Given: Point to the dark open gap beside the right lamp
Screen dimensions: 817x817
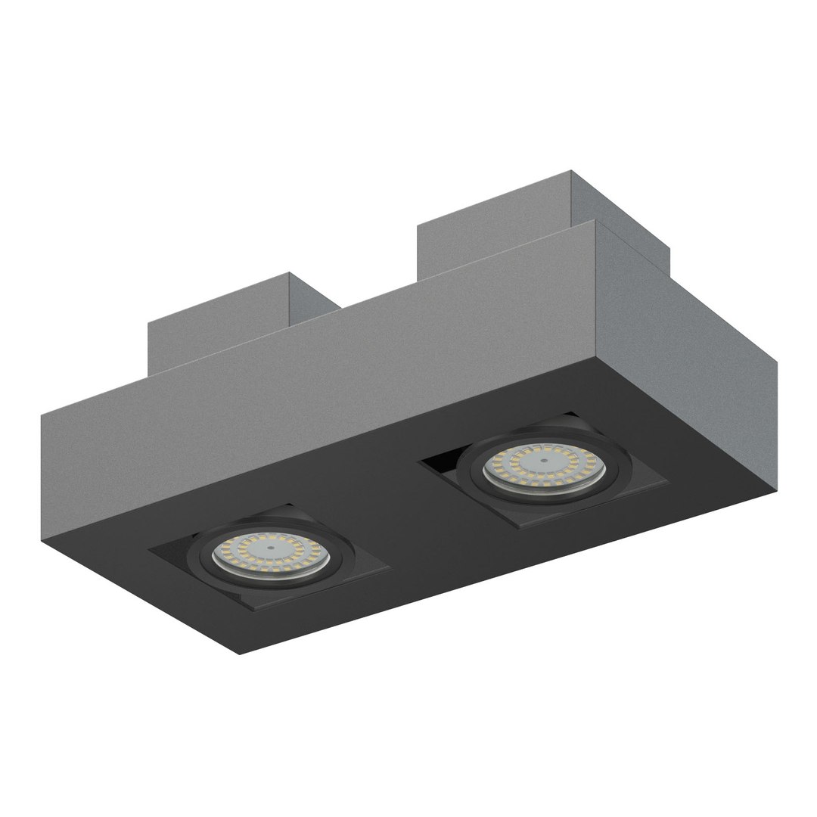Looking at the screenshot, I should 442,464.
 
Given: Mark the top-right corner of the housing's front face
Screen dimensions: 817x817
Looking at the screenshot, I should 597,220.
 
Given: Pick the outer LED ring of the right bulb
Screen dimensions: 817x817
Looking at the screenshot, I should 514,454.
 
